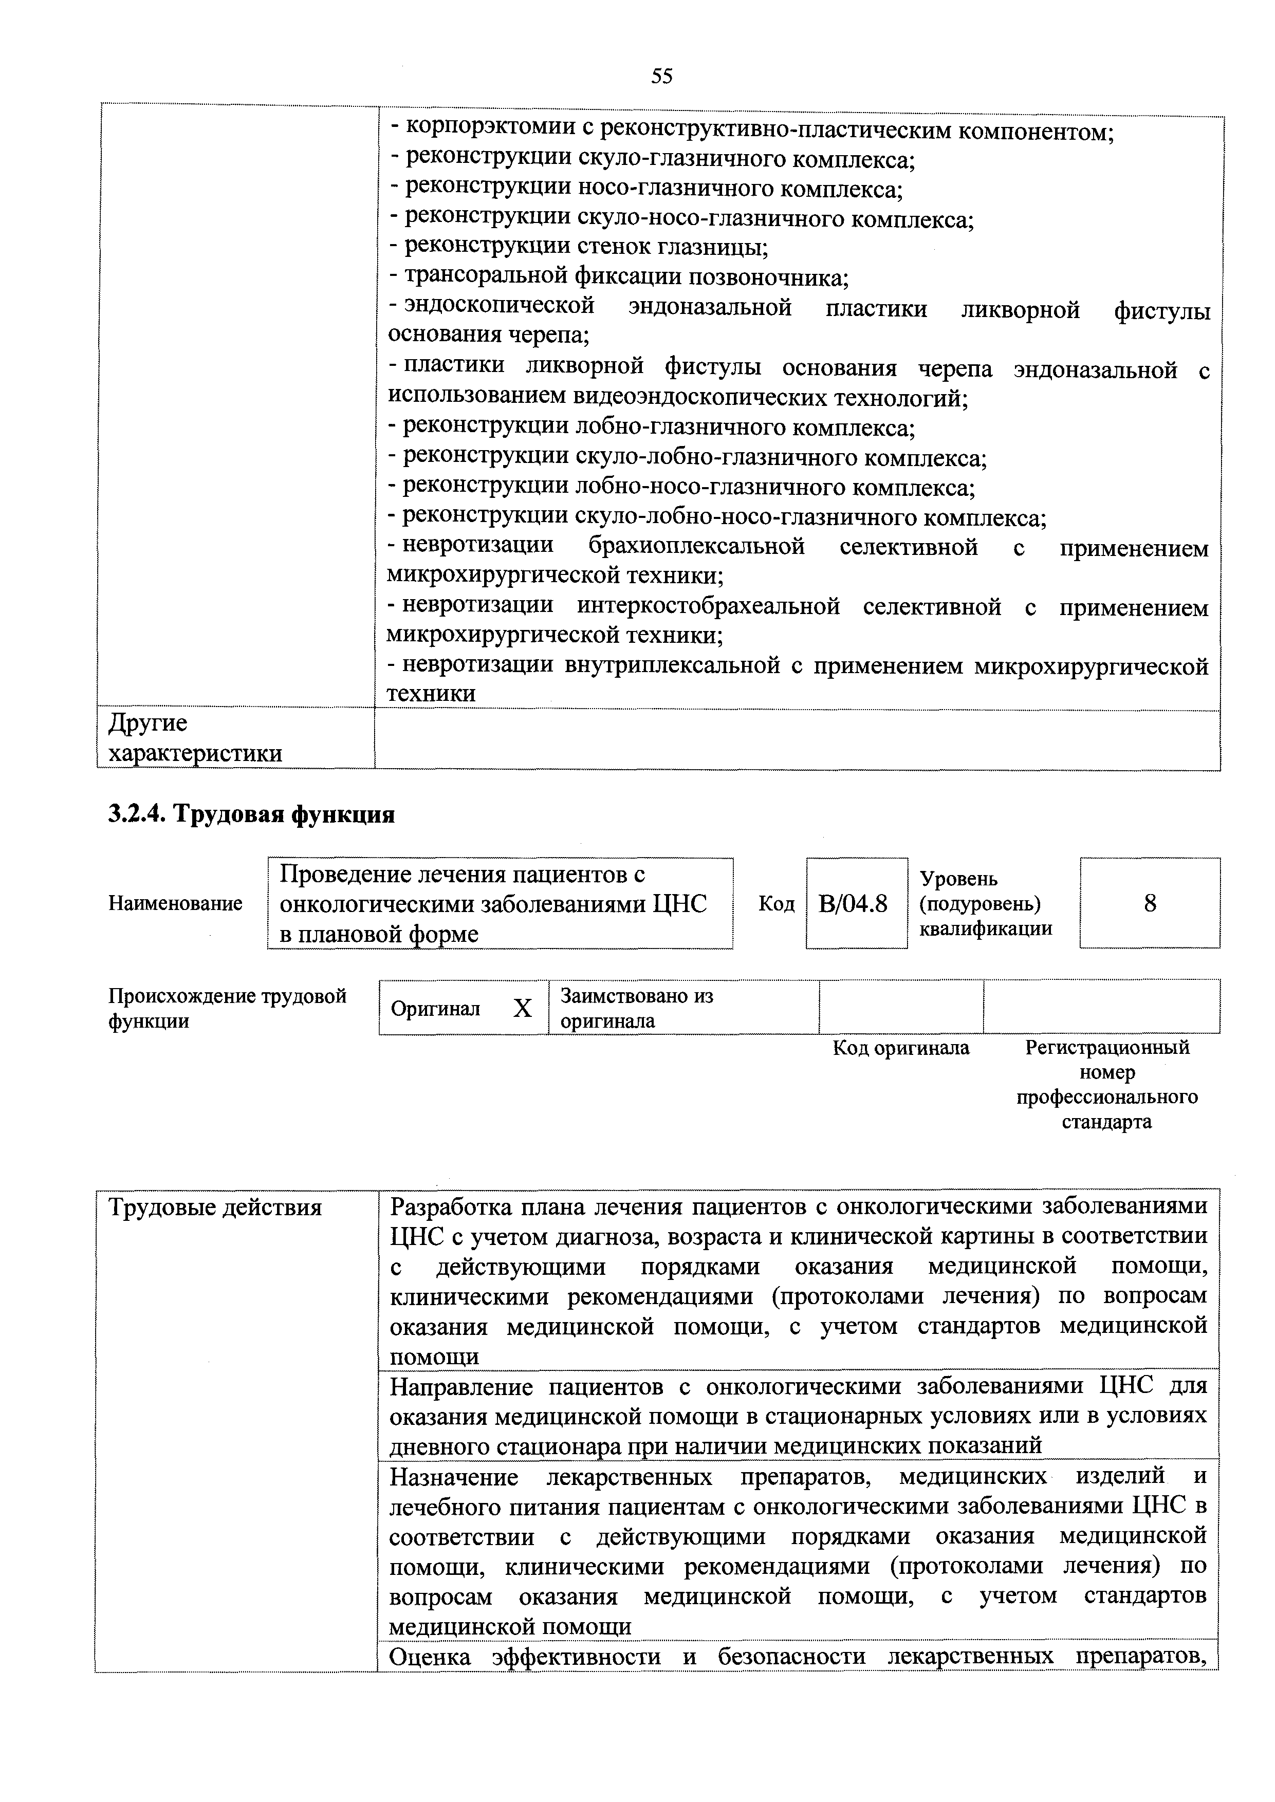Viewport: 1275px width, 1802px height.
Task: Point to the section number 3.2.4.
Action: (x=137, y=814)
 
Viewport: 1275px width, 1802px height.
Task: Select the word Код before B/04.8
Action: (x=775, y=904)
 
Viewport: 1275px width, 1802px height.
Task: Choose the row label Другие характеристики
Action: (x=195, y=738)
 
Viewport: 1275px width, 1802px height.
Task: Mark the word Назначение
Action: (x=455, y=1477)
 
